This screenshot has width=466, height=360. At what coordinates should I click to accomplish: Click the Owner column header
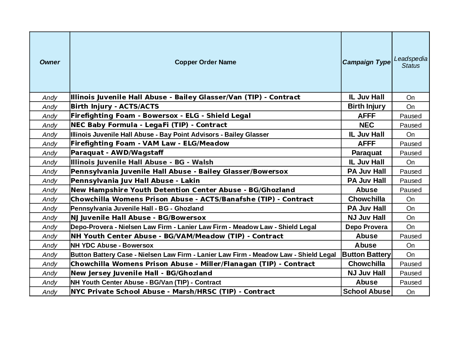pyautogui.click(x=50, y=62)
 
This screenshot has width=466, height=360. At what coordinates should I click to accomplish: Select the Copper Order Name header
pyautogui.click(x=205, y=62)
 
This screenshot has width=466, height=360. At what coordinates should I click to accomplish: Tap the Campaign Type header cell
pyautogui.click(x=366, y=62)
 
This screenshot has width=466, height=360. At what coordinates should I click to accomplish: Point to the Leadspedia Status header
pyautogui.click(x=411, y=62)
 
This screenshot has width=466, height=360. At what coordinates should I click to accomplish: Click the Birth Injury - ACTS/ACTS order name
pyautogui.click(x=115, y=106)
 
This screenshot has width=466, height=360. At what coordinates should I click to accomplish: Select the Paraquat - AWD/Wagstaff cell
pyautogui.click(x=117, y=152)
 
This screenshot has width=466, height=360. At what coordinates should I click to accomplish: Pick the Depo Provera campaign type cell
pyautogui.click(x=366, y=227)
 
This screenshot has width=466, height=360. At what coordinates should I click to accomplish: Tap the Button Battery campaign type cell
pyautogui.click(x=366, y=255)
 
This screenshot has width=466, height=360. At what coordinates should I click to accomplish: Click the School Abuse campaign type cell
pyautogui.click(x=366, y=291)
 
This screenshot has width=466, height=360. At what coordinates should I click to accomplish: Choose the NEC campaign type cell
pyautogui.click(x=366, y=125)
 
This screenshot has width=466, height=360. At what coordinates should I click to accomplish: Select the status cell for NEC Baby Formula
pyautogui.click(x=411, y=125)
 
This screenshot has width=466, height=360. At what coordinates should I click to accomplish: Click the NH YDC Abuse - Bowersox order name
pyautogui.click(x=112, y=245)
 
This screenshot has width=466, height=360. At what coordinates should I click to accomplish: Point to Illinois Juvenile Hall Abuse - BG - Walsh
pyautogui.click(x=142, y=162)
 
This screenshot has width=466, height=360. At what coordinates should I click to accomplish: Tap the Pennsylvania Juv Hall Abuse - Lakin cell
pyautogui.click(x=135, y=181)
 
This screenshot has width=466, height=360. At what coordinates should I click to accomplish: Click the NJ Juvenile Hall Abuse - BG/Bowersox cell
pyautogui.click(x=138, y=218)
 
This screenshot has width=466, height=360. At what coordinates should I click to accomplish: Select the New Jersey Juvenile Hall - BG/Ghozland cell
pyautogui.click(x=141, y=273)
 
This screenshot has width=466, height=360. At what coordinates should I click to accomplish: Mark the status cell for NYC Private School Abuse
pyautogui.click(x=411, y=292)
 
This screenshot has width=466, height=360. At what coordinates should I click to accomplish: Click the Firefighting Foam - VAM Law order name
pyautogui.click(x=150, y=143)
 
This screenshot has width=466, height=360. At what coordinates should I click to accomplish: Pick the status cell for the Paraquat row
pyautogui.click(x=411, y=153)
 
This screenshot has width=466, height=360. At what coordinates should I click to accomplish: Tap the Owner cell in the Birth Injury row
pyautogui.click(x=50, y=107)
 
